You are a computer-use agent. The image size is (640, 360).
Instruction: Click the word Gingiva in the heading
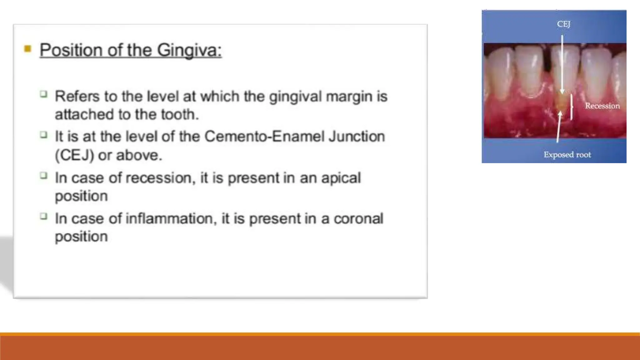pos(189,50)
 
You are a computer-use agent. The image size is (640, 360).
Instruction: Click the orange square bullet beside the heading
pos(28,49)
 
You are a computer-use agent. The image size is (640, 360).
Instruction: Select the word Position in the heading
pos(71,50)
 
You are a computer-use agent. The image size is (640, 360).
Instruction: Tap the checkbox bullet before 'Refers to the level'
pos(44,94)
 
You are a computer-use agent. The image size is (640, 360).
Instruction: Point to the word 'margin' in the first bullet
pos(349,97)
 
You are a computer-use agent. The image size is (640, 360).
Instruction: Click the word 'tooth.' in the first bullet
pos(180,114)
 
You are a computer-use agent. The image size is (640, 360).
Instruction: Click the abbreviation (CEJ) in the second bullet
pos(74,155)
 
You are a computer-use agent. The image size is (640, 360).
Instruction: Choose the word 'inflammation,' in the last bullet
pos(171,219)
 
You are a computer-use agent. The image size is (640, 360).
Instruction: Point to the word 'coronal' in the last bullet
pos(358,219)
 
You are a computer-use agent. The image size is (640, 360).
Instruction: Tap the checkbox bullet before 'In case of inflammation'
pos(44,216)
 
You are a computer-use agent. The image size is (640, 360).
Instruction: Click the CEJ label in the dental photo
pos(563,24)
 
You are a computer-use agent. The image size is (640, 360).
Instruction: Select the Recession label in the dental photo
pos(602,106)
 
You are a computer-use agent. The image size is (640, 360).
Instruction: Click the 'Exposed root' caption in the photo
pos(567,155)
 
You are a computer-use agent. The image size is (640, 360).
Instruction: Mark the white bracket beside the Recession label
pos(572,107)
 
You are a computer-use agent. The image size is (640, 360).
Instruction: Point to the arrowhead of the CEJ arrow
pos(562,91)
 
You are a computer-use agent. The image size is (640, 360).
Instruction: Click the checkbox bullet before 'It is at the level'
pos(44,135)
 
